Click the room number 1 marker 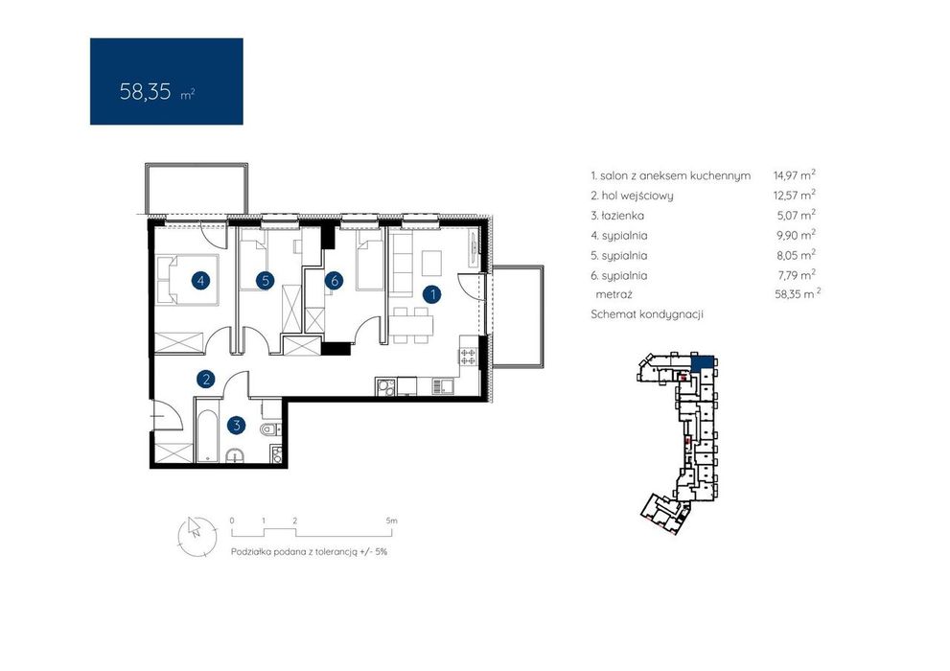[432, 295]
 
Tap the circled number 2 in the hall [206, 380]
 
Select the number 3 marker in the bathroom [236, 426]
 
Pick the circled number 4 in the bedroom [200, 281]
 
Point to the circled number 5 [266, 281]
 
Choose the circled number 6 [334, 281]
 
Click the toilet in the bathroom [269, 430]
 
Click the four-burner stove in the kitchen [467, 355]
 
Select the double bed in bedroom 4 [180, 280]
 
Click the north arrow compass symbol [196, 535]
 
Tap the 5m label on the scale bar [391, 521]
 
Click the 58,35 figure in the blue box [146, 91]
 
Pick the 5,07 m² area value [796, 216]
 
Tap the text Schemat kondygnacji [647, 315]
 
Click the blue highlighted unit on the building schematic [703, 363]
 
